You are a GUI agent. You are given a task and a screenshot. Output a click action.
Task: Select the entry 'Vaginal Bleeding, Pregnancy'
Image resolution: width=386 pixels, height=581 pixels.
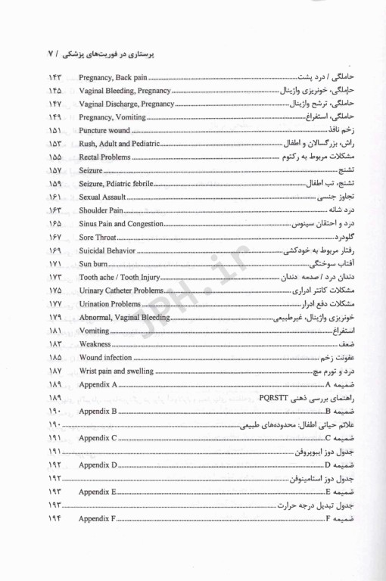[118, 92]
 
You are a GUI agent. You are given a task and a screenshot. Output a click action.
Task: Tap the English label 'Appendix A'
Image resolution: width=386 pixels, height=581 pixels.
[98, 385]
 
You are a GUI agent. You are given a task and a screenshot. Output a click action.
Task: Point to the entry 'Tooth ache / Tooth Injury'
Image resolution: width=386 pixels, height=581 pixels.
[117, 277]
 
